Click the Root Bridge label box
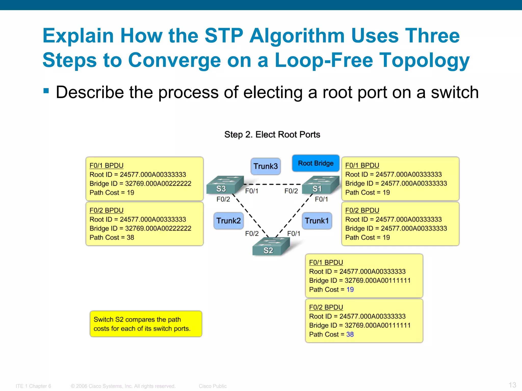tap(316, 163)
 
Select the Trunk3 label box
tap(265, 166)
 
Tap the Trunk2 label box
tap(228, 221)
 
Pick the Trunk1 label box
tap(317, 221)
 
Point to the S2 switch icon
tap(271, 246)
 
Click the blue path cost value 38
tap(350, 334)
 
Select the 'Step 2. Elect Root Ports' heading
tap(272, 134)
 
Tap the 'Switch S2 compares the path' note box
tap(146, 324)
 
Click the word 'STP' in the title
tap(224, 36)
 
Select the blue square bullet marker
tap(46, 91)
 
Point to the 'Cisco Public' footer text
tap(213, 386)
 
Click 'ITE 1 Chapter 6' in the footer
tap(33, 386)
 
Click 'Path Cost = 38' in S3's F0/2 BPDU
tap(112, 238)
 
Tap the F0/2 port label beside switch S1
tap(291, 191)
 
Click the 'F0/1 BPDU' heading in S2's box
tap(326, 262)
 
